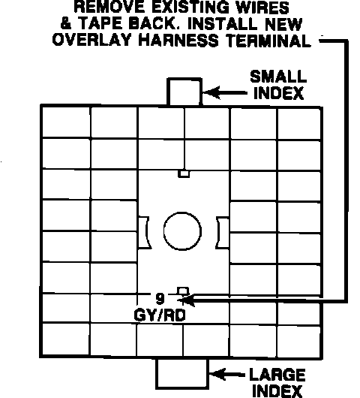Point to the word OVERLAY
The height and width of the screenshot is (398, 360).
(92, 40)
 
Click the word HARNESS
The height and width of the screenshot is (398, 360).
(178, 40)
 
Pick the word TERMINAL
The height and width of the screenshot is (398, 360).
(268, 41)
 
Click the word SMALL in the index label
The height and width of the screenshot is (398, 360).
(278, 77)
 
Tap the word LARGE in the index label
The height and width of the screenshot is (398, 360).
(277, 375)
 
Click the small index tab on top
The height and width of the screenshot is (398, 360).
(184, 92)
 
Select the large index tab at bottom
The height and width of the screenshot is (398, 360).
(182, 373)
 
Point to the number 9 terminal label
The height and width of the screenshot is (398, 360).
(160, 299)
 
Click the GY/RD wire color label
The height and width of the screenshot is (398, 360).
(160, 315)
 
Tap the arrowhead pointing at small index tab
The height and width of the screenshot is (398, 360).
(211, 92)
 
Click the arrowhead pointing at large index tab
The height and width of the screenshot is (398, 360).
(217, 375)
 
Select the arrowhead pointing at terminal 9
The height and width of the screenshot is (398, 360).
(186, 300)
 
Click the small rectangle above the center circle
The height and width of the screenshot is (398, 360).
(184, 174)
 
